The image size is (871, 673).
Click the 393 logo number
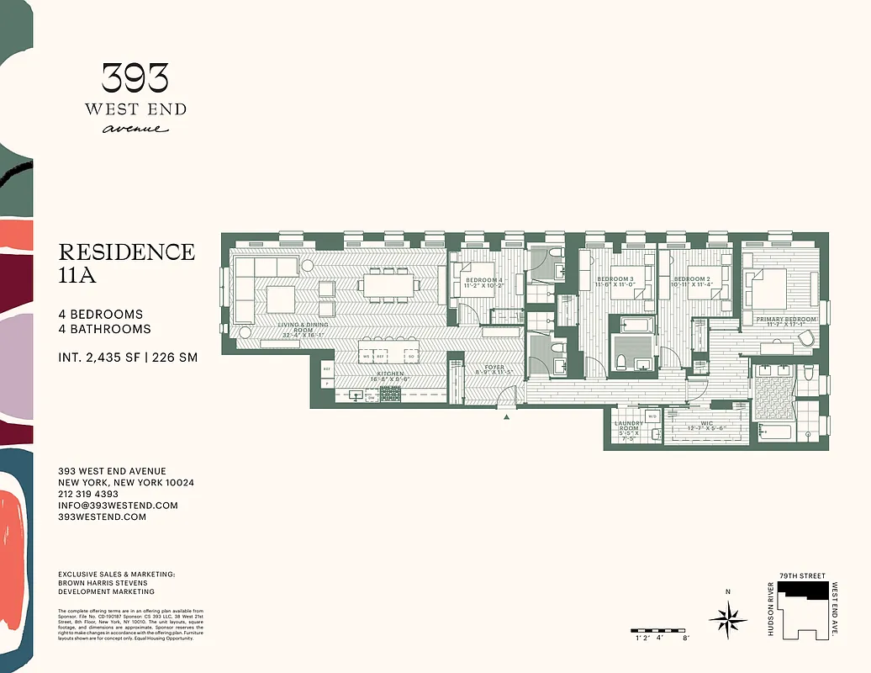click(x=135, y=78)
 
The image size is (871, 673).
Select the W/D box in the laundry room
click(x=652, y=416)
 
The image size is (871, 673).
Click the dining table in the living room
click(x=391, y=284)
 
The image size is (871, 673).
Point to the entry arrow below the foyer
click(x=507, y=416)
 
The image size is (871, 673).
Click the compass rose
click(x=728, y=620)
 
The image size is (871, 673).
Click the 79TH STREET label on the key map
click(x=796, y=576)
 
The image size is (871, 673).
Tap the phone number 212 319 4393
click(x=88, y=494)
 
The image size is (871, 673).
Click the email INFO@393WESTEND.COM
click(x=118, y=506)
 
